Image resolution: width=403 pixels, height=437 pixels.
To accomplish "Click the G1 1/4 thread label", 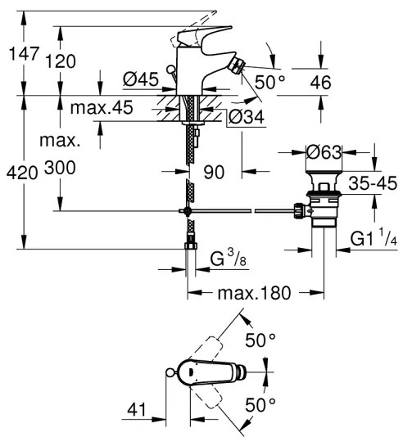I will tap(374, 240).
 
